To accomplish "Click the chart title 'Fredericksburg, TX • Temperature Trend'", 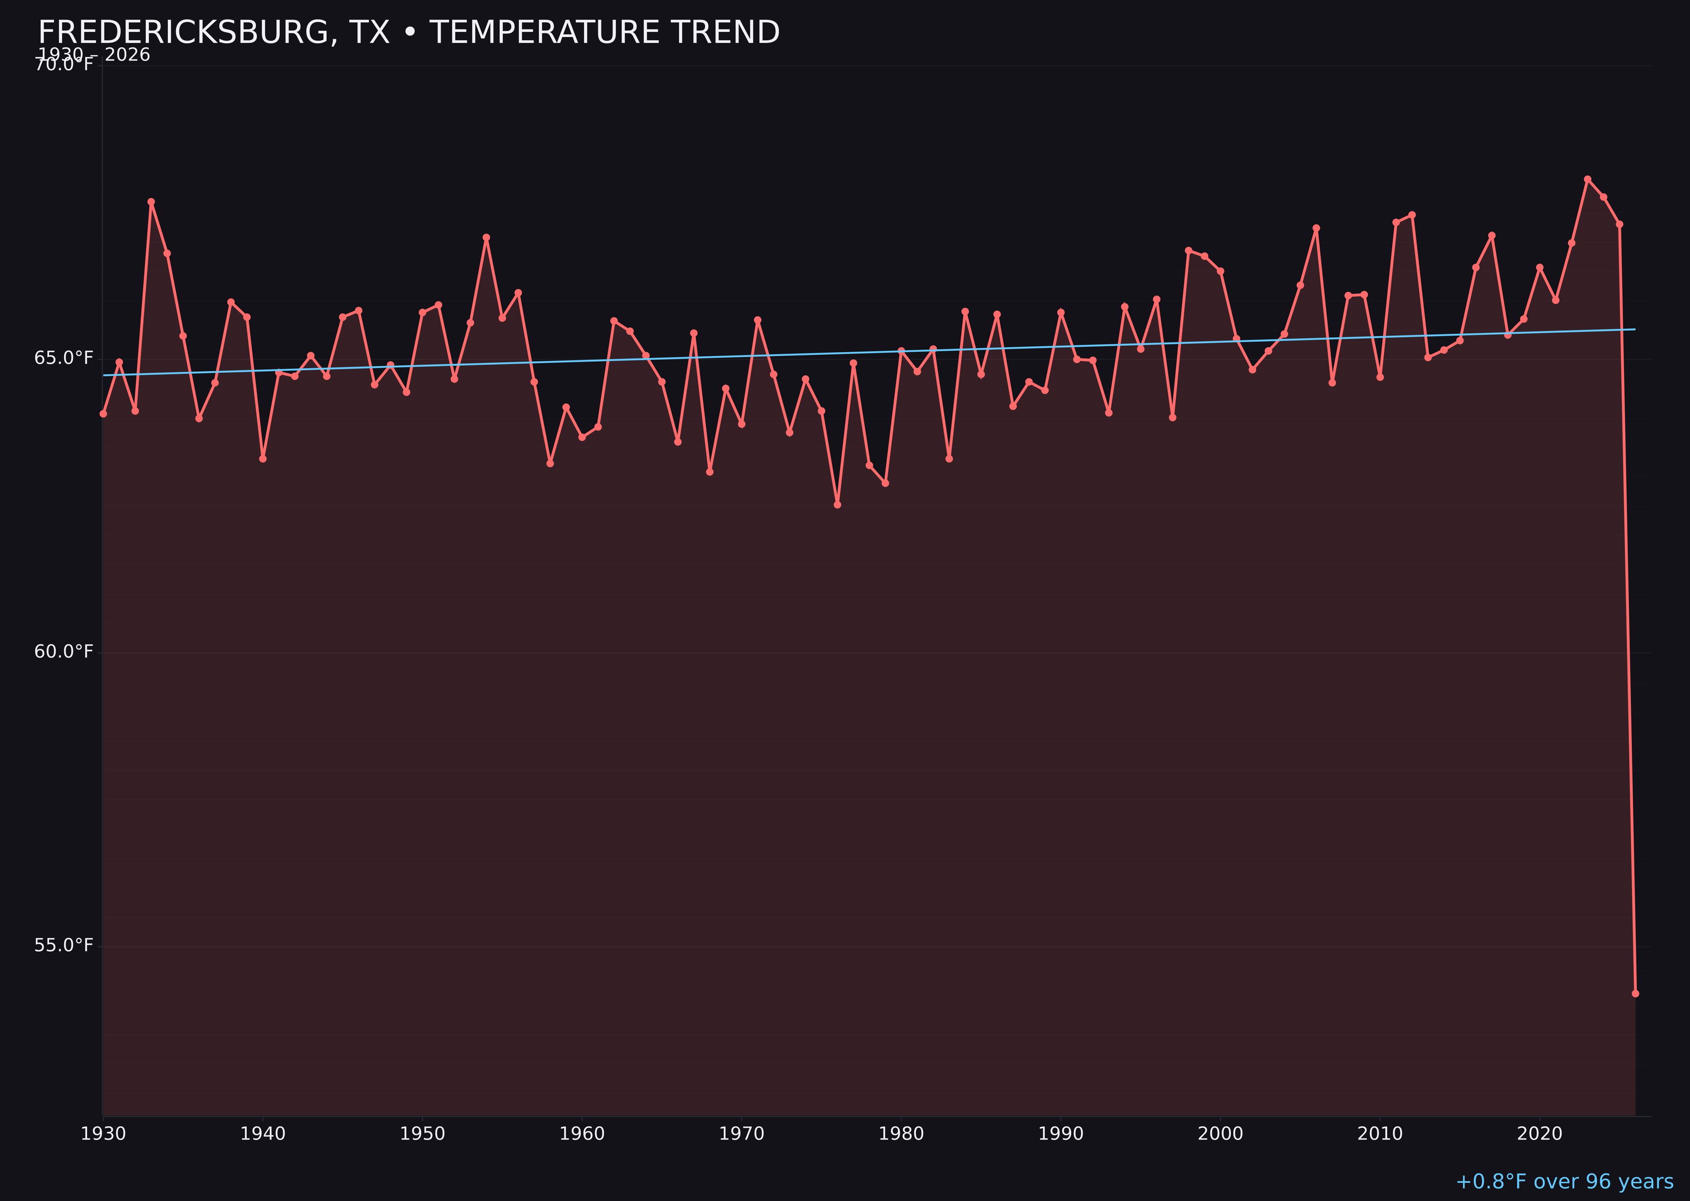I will pos(409,33).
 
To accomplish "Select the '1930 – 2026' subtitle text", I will pos(94,55).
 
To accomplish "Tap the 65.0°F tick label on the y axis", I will pos(64,359).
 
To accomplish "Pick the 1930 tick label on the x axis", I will pos(103,1134).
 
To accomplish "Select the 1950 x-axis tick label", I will pos(422,1134).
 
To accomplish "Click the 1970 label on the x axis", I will pos(741,1134).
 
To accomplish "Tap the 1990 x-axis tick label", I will pos(1061,1134).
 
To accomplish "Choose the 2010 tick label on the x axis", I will pos(1380,1134).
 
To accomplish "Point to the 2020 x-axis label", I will pos(1540,1134).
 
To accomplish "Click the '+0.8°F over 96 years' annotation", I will pos(1564,1182).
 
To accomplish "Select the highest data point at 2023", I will pos(1587,179).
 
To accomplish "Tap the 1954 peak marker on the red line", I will pos(486,237).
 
